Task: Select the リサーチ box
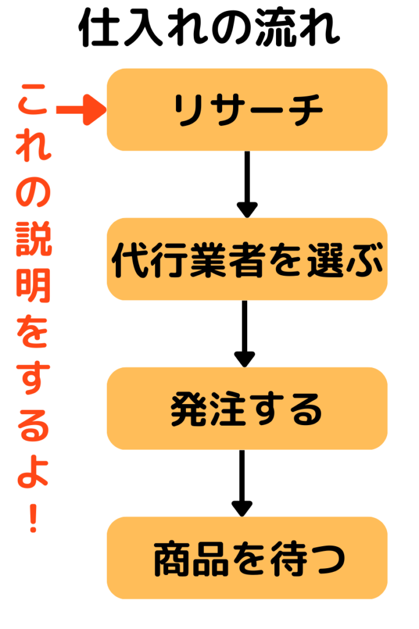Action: click(247, 110)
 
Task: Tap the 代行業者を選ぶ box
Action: click(247, 259)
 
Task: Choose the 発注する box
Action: click(247, 408)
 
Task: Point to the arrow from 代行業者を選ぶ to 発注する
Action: click(245, 334)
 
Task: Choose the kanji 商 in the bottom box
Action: click(172, 560)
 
